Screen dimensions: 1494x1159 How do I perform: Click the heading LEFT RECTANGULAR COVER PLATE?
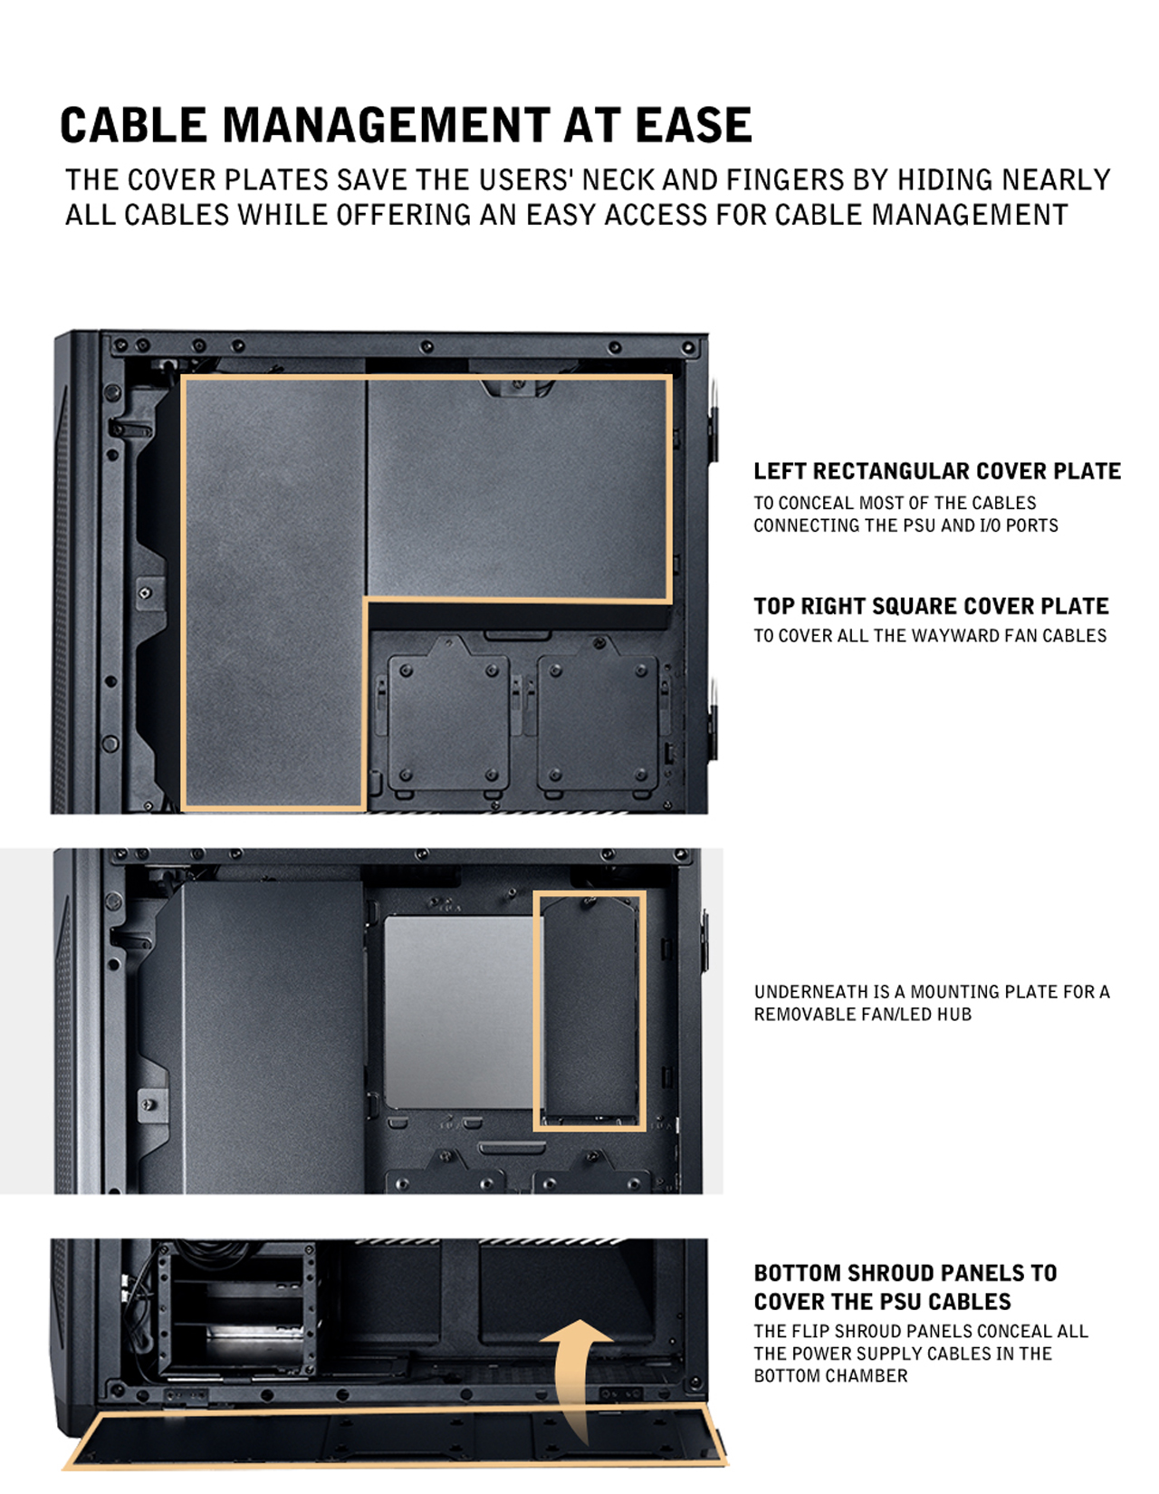click(936, 471)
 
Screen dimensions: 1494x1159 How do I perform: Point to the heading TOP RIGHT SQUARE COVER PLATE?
click(930, 606)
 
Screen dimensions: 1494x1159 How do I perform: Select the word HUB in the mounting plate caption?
click(954, 1015)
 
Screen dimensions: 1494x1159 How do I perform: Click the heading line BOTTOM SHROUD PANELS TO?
click(905, 1273)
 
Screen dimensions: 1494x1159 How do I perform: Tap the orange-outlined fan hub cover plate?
click(589, 1010)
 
